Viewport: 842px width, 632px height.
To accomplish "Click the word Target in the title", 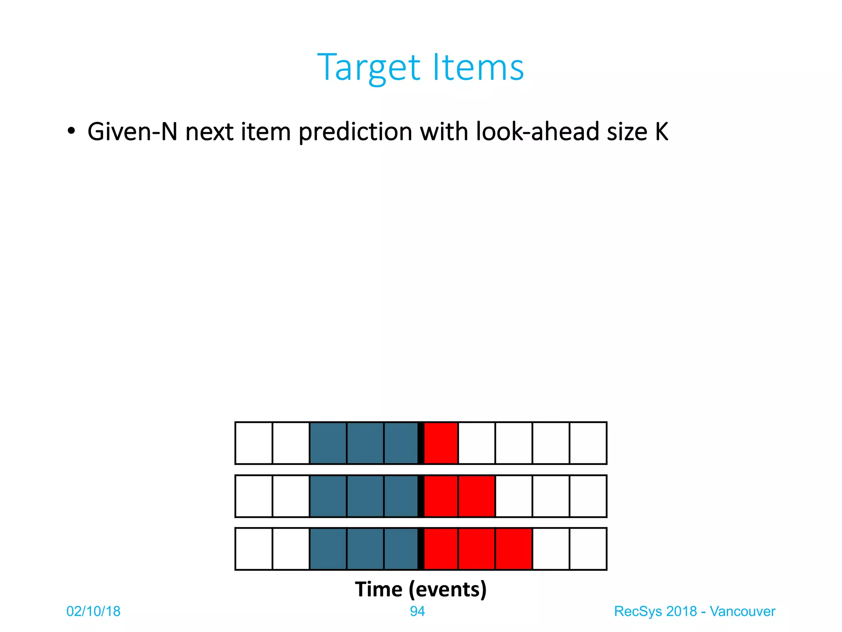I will tap(369, 68).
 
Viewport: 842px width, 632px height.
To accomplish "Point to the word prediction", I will tap(355, 132).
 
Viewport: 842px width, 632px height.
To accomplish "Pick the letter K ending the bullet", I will tap(662, 132).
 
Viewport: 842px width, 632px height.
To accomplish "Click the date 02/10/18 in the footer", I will tap(93, 611).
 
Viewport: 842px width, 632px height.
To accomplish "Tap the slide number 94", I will tap(417, 611).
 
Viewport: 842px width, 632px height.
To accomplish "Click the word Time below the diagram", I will tap(379, 589).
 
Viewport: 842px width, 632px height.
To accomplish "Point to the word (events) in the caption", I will tap(448, 589).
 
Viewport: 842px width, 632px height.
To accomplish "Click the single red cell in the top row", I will tap(441, 443).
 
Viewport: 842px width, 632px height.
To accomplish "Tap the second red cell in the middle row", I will tap(477, 496).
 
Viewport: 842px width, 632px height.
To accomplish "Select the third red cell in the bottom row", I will tap(514, 549).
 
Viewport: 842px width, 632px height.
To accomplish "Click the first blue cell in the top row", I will tap(328, 443).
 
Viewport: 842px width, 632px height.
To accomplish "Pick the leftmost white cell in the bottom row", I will tap(254, 549).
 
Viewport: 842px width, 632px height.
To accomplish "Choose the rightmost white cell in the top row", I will tap(588, 443).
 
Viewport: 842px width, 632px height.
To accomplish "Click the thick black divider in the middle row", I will tap(421, 496).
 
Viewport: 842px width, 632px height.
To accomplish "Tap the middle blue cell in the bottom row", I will tap(365, 549).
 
